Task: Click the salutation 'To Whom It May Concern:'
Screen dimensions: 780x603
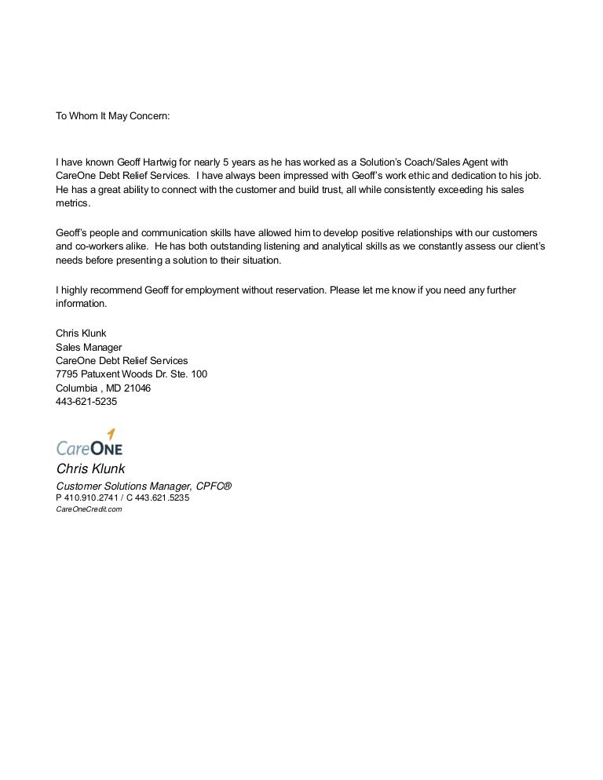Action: [112, 116]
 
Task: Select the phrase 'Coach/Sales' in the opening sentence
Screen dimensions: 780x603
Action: [431, 162]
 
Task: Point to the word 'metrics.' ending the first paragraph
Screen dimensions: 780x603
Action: [73, 204]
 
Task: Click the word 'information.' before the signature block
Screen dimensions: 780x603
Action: [81, 304]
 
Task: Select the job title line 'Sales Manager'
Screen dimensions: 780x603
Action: [89, 347]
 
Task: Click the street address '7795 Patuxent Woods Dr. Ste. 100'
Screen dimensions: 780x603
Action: [131, 374]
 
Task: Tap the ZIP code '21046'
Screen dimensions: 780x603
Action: [136, 388]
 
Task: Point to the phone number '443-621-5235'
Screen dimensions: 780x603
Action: [86, 402]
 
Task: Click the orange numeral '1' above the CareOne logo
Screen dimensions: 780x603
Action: [111, 435]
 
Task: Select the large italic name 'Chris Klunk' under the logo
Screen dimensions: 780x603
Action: [90, 469]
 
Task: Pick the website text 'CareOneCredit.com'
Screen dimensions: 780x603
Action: [89, 509]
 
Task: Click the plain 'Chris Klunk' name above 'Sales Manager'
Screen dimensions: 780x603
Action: [81, 333]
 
